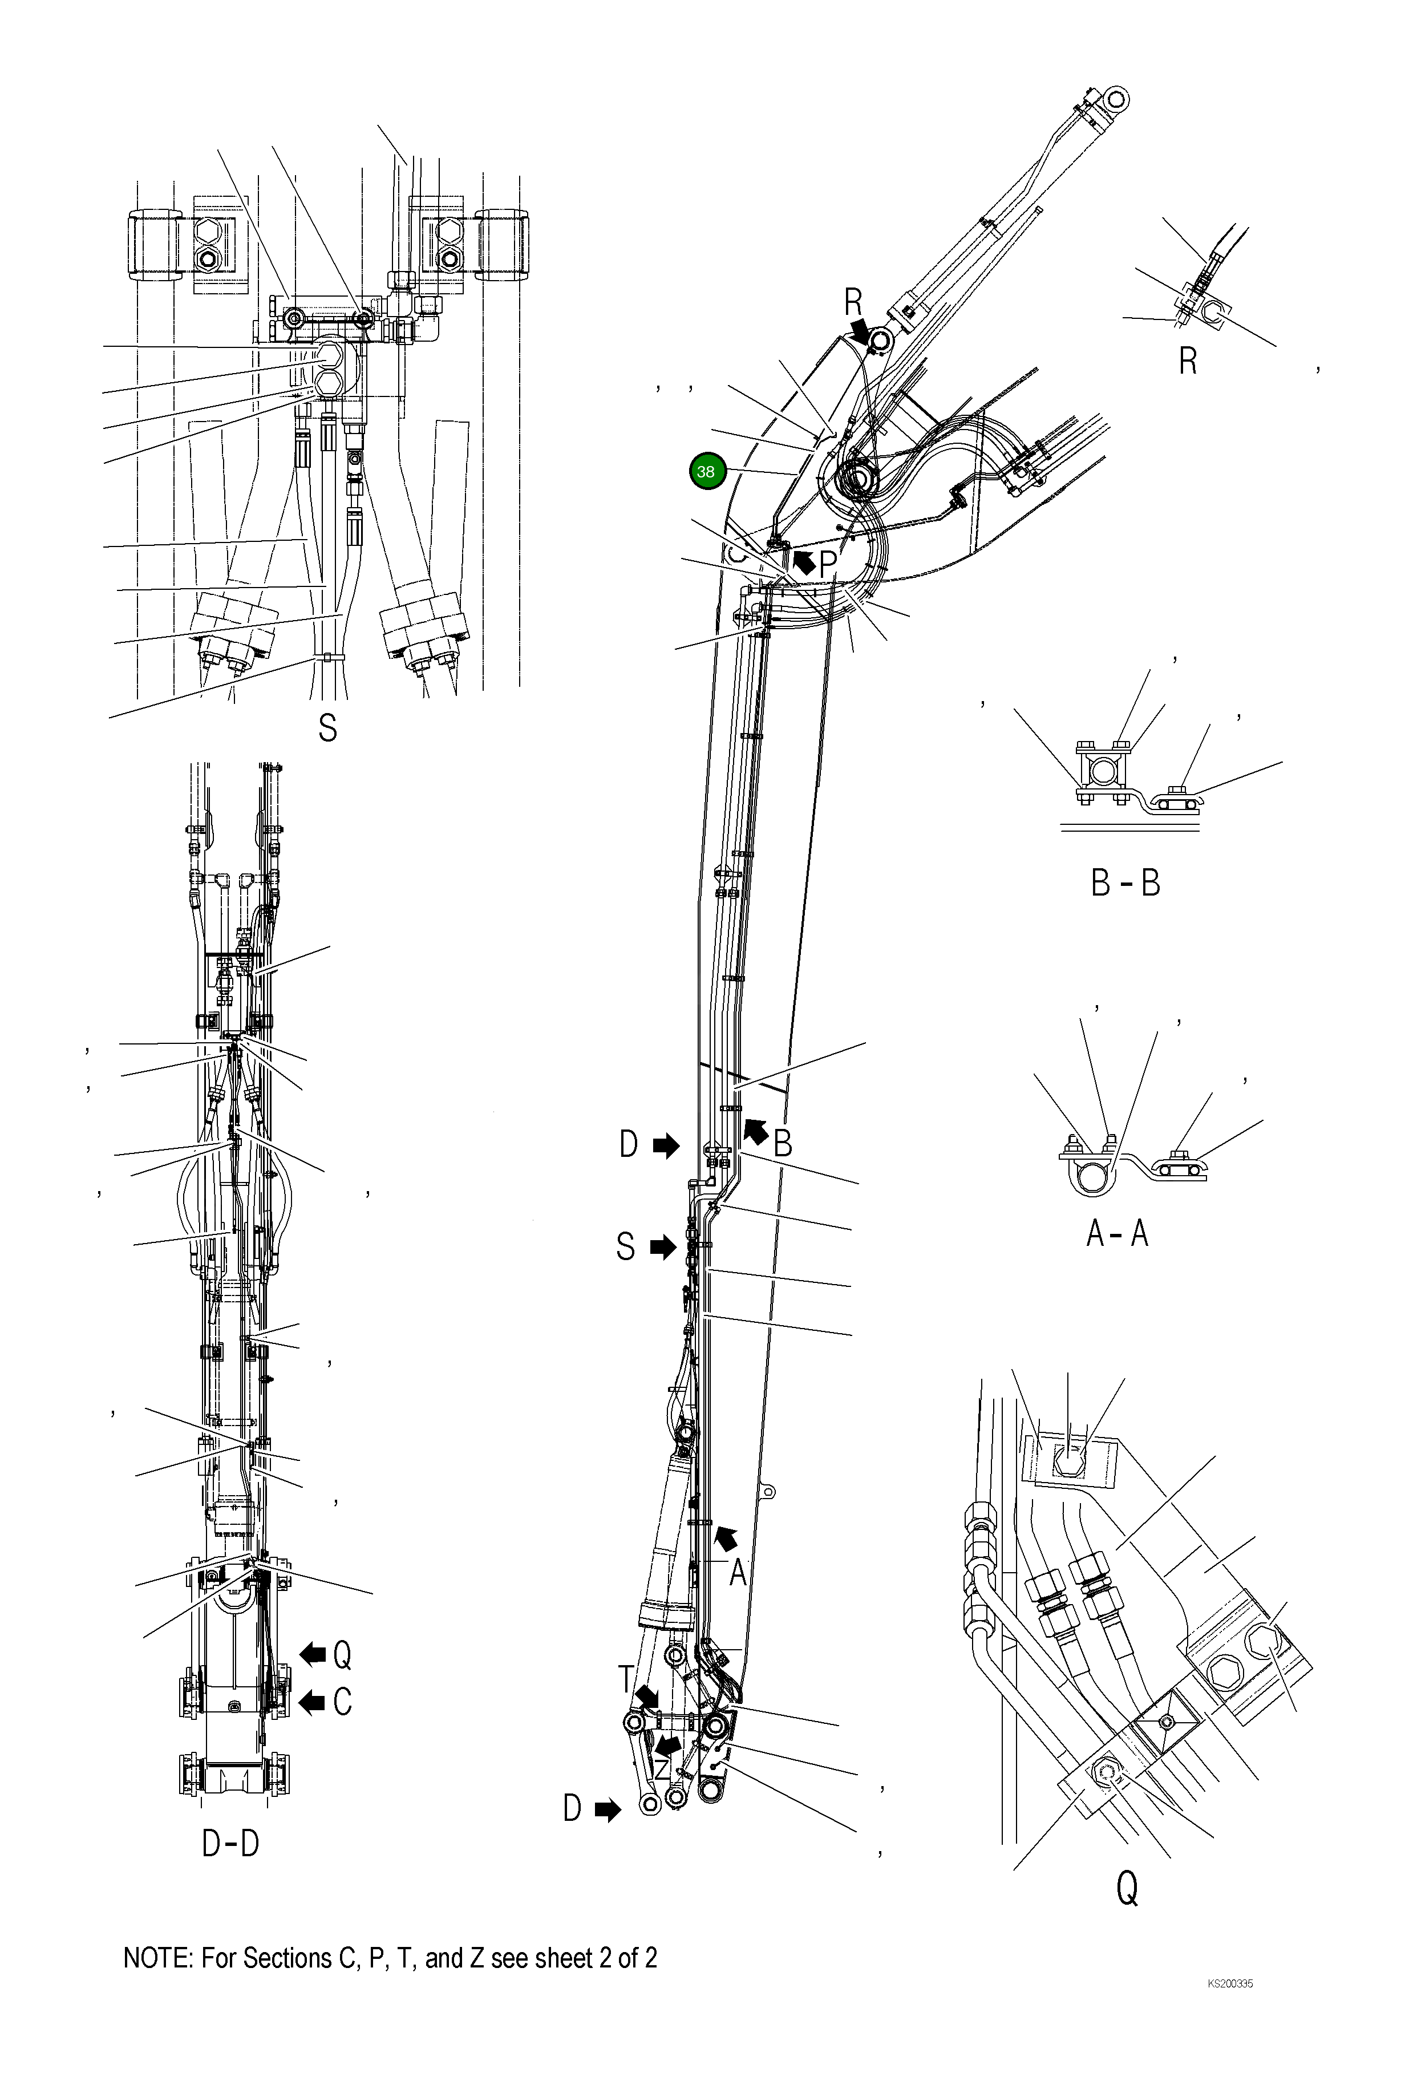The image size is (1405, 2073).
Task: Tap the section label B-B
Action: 1125,883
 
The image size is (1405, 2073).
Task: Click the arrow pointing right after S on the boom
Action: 663,1247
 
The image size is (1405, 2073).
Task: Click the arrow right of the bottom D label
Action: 608,1810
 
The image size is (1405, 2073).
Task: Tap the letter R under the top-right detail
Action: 1187,361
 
